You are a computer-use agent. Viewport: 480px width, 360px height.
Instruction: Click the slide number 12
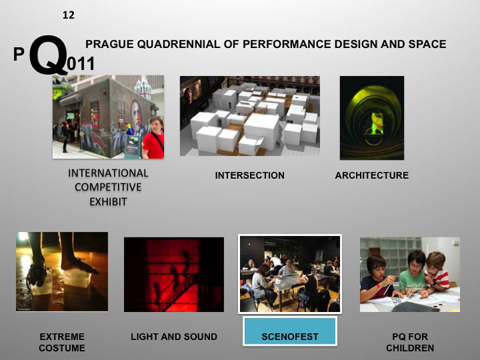point(68,14)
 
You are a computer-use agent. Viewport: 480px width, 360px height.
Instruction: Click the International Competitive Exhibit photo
point(108,117)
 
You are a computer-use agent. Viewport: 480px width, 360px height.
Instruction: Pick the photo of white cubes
point(250,116)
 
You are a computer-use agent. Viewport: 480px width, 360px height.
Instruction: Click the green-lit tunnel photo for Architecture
point(372,117)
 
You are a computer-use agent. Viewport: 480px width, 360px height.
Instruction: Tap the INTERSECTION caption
point(250,176)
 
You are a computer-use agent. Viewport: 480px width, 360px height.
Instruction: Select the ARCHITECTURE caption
point(372,176)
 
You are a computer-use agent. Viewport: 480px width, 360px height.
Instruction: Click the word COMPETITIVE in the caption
point(108,187)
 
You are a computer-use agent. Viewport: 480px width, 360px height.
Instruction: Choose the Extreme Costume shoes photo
point(62,272)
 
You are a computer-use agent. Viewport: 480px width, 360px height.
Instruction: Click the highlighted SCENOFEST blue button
point(289,337)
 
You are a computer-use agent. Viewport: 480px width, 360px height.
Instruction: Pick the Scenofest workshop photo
point(289,274)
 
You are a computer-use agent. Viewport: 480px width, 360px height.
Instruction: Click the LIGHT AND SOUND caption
point(173,337)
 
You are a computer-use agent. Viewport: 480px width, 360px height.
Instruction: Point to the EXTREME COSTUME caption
point(62,342)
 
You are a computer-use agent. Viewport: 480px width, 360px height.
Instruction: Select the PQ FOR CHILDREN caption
point(409,342)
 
